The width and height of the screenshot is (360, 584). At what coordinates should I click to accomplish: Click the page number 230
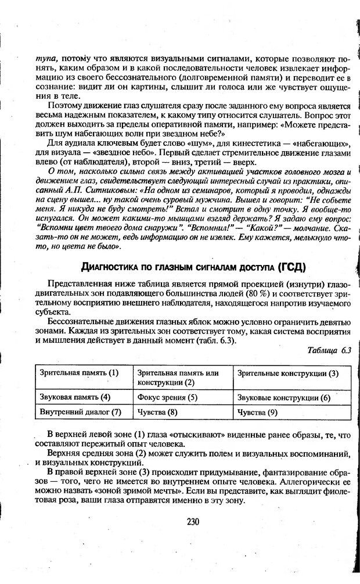pyautogui.click(x=193, y=521)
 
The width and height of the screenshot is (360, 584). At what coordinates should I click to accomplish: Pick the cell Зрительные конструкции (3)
pyautogui.click(x=288, y=372)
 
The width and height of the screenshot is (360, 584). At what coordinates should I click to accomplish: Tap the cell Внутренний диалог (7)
pyautogui.click(x=80, y=412)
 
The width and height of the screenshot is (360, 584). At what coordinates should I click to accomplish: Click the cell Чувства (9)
pyautogui.click(x=258, y=413)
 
